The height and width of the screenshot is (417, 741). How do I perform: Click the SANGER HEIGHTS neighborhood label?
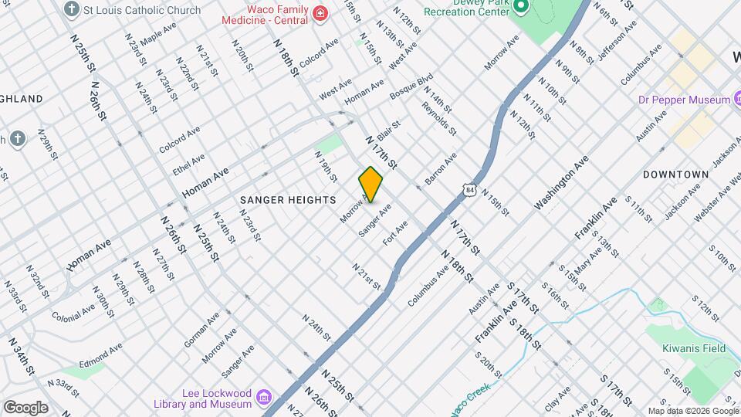coord(288,199)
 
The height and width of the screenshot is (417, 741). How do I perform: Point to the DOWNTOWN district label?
coord(675,175)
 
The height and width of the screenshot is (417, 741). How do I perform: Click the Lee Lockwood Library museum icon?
coord(264,397)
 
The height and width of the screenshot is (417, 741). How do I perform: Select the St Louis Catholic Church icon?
coord(72,10)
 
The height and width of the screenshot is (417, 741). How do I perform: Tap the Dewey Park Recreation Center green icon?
coord(520,7)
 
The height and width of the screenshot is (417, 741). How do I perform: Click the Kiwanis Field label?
coord(694,348)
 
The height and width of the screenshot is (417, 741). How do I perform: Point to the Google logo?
coord(25,407)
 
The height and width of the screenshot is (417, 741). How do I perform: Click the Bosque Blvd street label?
coord(411,86)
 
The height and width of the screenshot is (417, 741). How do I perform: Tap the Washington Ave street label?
coord(561,182)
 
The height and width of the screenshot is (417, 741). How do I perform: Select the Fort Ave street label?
coord(395,232)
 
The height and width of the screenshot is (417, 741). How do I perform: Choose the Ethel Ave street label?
coord(189,163)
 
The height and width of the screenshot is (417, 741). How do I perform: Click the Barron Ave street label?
coord(441,167)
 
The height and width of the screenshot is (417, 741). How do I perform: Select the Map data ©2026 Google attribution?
coord(692,411)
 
